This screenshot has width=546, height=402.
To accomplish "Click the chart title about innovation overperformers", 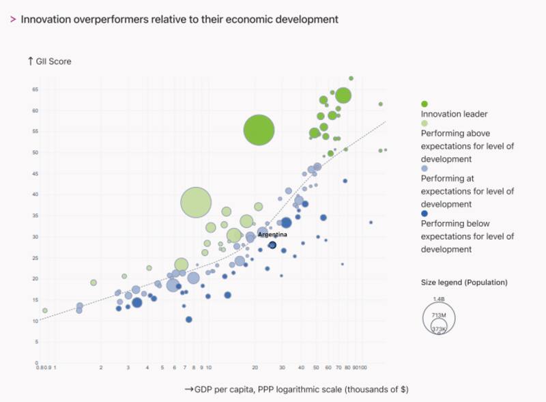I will [179, 19].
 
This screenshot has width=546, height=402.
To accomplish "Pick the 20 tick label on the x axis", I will [255, 367].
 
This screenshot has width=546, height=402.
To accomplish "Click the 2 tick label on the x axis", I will [101, 367].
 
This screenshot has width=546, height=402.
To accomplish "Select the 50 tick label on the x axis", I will [316, 367].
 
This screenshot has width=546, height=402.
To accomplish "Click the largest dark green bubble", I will [259, 130].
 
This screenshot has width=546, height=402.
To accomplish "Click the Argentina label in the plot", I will [272, 234].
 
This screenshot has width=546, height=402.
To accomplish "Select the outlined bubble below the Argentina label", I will [272, 245].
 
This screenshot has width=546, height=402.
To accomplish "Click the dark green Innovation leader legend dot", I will [425, 104].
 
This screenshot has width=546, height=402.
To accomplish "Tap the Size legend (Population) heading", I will [464, 282].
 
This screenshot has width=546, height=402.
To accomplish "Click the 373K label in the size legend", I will [439, 330].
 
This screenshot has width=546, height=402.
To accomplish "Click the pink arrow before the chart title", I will [13, 19].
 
